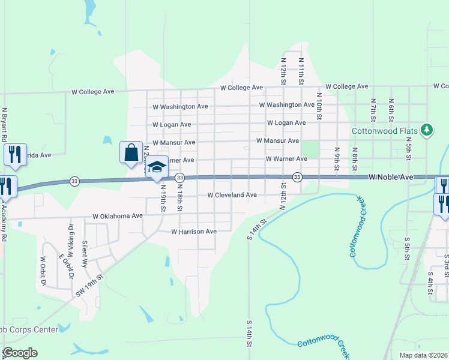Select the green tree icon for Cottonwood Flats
(x=427, y=130)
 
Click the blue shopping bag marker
(x=131, y=152)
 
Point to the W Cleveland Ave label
(x=232, y=195)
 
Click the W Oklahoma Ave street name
(x=118, y=216)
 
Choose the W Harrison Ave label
(x=194, y=231)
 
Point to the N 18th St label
(x=179, y=196)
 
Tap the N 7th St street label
(x=373, y=112)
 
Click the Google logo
(x=19, y=353)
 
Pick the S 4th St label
(x=430, y=283)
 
